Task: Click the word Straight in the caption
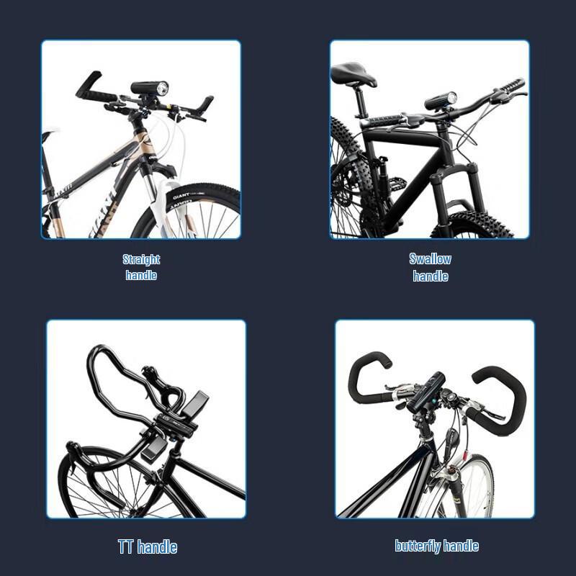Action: pyautogui.click(x=141, y=260)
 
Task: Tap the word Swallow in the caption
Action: pyautogui.click(x=431, y=259)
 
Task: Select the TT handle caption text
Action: pyautogui.click(x=148, y=547)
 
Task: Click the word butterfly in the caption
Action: pyautogui.click(x=418, y=546)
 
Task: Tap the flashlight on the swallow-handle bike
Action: pyautogui.click(x=440, y=100)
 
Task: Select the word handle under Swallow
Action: pyautogui.click(x=431, y=276)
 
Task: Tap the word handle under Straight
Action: pyautogui.click(x=141, y=275)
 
